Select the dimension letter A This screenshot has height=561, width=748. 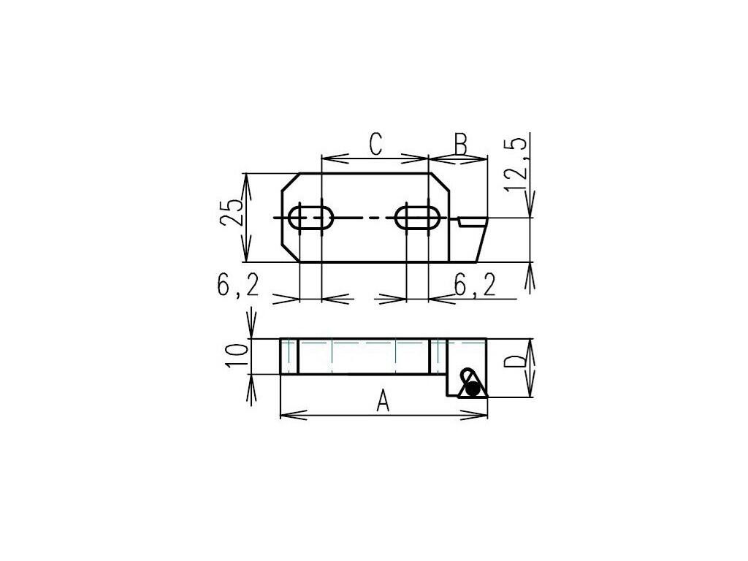(383, 401)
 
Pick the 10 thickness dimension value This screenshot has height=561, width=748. (237, 355)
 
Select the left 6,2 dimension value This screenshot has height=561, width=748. (237, 286)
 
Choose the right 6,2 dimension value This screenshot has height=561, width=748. (475, 286)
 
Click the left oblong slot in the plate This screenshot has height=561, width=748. (310, 218)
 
